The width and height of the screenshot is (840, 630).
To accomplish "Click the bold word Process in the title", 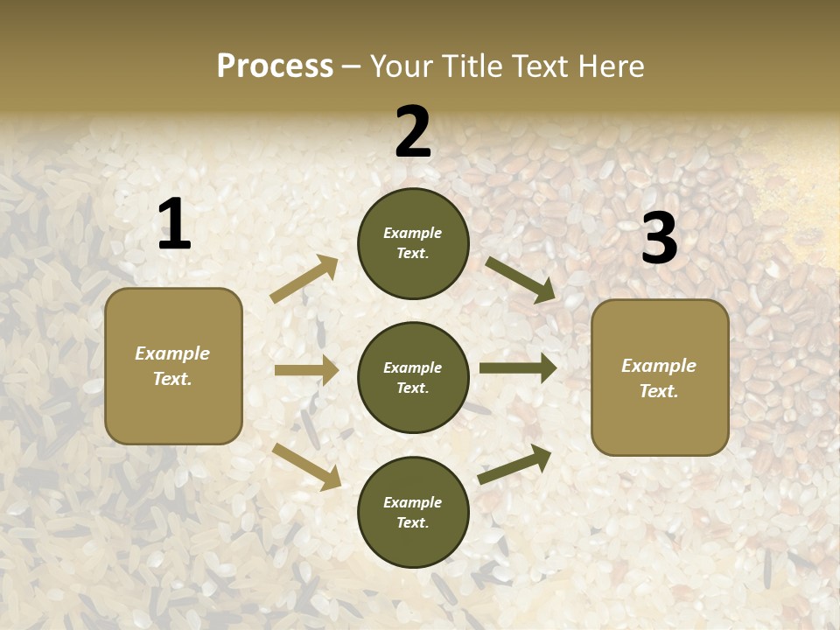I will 275,66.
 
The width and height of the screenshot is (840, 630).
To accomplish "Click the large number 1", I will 174,224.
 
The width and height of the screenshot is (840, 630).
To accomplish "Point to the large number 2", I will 413,132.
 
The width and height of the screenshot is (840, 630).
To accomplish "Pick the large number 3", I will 659,238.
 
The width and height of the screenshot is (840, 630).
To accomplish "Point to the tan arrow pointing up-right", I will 304,279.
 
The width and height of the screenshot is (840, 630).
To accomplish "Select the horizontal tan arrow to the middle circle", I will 306,370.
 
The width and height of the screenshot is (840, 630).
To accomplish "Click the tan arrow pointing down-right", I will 307,465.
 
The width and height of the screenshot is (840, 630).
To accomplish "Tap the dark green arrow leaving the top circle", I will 521,279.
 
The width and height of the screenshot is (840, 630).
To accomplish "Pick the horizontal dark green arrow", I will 518,368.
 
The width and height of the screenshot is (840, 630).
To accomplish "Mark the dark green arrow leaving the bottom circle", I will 514,464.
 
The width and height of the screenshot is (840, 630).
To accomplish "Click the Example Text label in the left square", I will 172,366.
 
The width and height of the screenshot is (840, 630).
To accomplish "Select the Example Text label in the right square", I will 659,378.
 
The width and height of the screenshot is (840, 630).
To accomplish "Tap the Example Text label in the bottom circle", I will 412,512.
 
